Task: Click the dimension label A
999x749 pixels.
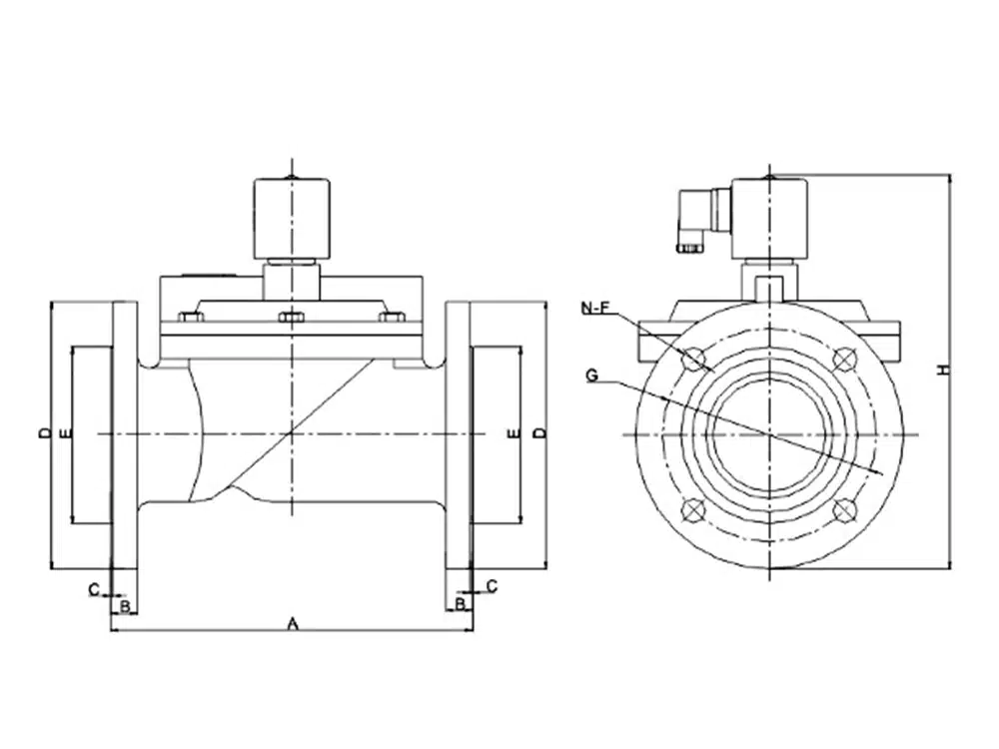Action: pos(293,623)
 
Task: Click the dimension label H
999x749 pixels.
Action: pos(941,371)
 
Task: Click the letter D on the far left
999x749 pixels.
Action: pos(43,433)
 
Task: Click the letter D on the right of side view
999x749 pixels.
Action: pos(538,433)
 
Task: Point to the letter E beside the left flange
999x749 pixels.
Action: pos(64,433)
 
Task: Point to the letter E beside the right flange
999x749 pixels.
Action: pos(513,433)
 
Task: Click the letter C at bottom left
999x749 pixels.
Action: pos(93,589)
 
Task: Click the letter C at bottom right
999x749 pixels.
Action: pos(492,585)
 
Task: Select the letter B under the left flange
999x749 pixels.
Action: pos(124,605)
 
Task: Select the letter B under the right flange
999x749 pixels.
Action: pos(460,604)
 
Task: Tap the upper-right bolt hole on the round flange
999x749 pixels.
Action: pos(845,358)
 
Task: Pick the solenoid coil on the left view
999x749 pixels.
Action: pos(291,218)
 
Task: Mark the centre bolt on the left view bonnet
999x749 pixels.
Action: pos(291,319)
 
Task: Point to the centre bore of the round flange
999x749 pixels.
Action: pos(769,433)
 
